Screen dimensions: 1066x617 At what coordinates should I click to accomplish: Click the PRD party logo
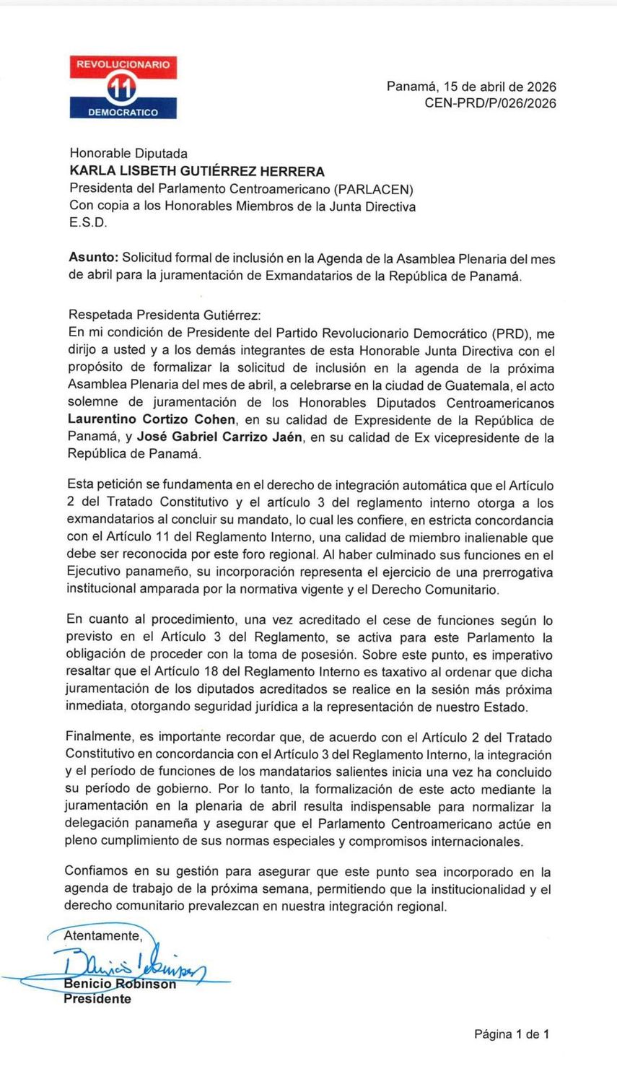coord(123,87)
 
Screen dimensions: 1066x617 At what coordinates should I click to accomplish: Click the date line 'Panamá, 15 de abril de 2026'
coord(471,87)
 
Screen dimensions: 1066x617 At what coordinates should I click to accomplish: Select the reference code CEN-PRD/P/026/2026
coord(490,103)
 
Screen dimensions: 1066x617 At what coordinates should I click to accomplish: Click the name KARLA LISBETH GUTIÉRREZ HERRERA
coord(196,172)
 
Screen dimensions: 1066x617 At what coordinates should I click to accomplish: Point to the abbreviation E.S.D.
coord(88,223)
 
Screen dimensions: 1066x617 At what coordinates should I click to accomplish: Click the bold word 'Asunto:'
coord(93,258)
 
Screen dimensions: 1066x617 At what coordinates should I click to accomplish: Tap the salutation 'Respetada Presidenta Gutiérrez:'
coord(165,315)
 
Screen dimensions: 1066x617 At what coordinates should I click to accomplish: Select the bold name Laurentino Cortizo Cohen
coord(152,420)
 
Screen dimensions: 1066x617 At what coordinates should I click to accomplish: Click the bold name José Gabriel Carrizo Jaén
coord(219,437)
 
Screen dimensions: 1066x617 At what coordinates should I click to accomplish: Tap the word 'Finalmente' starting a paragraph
coord(99,737)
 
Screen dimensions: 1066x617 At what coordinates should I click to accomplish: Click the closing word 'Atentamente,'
coord(103,936)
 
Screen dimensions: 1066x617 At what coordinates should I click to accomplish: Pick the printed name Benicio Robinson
coord(120,984)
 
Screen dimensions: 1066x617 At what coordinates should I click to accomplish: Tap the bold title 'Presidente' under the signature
coord(97,999)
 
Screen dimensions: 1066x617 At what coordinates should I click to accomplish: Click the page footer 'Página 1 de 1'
coord(511,1034)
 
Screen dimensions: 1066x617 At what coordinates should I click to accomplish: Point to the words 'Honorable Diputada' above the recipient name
coord(128,154)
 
